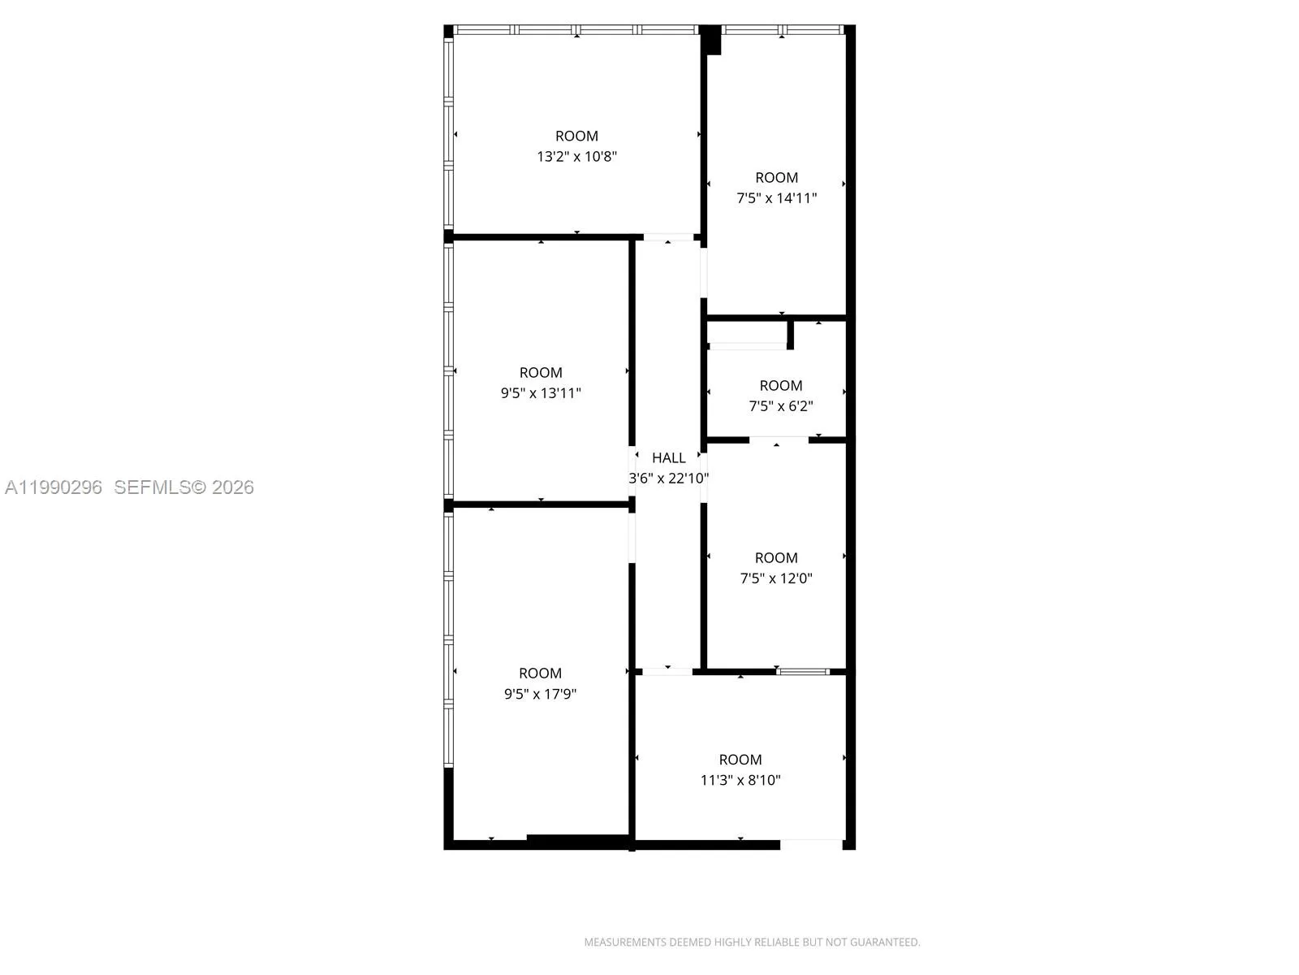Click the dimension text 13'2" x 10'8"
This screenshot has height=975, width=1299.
(x=576, y=156)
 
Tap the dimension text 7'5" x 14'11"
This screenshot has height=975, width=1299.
(x=776, y=197)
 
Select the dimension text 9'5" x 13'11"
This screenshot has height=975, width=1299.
(x=541, y=393)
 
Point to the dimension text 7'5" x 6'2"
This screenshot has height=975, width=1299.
(x=780, y=406)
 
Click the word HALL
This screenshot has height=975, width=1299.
(x=668, y=458)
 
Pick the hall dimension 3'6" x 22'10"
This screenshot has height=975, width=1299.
(x=668, y=479)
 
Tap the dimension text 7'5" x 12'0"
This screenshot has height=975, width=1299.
(x=776, y=578)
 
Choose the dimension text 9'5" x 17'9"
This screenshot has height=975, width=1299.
(x=540, y=694)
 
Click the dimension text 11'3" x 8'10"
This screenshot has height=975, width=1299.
(x=740, y=780)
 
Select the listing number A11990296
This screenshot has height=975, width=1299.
(x=54, y=487)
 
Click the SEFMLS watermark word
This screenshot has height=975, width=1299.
(x=152, y=487)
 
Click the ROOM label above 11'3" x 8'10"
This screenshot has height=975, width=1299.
(x=740, y=760)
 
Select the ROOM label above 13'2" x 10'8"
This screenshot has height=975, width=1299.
(x=576, y=136)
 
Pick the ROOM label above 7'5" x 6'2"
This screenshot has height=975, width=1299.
(x=780, y=386)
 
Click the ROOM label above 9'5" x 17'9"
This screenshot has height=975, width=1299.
(x=540, y=674)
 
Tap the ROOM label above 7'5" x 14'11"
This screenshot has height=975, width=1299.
(x=776, y=177)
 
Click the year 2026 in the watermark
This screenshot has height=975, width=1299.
(x=233, y=487)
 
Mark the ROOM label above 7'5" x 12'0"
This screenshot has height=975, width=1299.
(x=776, y=558)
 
